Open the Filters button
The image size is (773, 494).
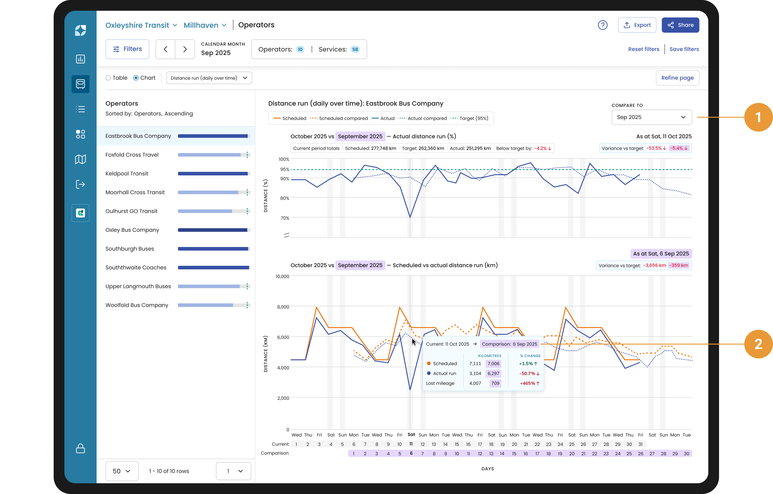[x=128, y=49]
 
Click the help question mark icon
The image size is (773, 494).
[x=602, y=25]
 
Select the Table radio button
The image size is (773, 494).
[x=108, y=78]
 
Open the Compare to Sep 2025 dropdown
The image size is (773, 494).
[x=651, y=117]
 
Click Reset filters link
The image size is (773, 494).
[x=643, y=49]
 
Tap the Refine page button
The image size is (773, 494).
[x=677, y=78]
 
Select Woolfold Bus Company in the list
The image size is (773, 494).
[x=137, y=305]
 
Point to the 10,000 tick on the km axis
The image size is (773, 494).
[x=282, y=277]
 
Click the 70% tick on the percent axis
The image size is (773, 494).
[x=284, y=218]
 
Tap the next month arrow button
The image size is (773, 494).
[x=185, y=49]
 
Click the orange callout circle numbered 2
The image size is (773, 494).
[x=758, y=344]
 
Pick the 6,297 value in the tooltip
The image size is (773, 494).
[x=493, y=373]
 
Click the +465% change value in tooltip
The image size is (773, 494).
[x=529, y=384]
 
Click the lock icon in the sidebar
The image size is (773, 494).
[x=80, y=448]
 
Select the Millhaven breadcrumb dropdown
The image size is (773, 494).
[x=205, y=25]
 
